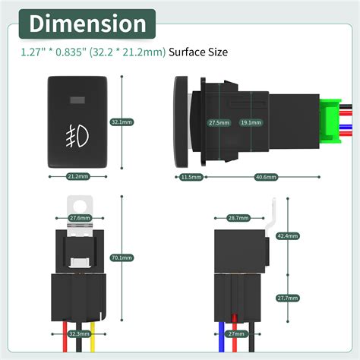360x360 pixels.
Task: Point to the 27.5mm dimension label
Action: [x=219, y=122]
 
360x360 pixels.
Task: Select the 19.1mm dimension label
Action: [x=248, y=122]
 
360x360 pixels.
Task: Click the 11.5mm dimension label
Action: [x=191, y=177]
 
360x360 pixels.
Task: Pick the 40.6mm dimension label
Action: [x=265, y=177]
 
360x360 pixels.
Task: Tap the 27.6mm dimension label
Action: [x=80, y=218]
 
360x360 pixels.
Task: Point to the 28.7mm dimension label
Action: [x=238, y=218]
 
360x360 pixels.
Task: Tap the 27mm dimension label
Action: [x=236, y=334]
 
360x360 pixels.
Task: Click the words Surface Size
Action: [x=197, y=53]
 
